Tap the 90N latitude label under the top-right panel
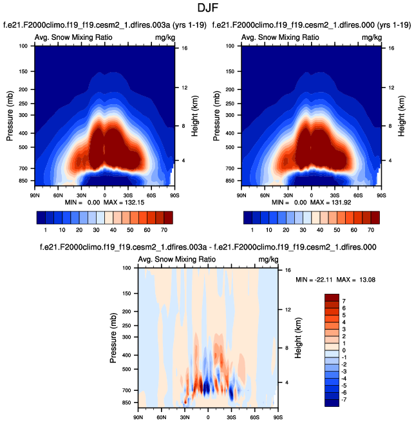pyautogui.click(x=241, y=194)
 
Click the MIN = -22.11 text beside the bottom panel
pyautogui.click(x=317, y=281)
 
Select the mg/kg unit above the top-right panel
pyautogui.click(x=372, y=37)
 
